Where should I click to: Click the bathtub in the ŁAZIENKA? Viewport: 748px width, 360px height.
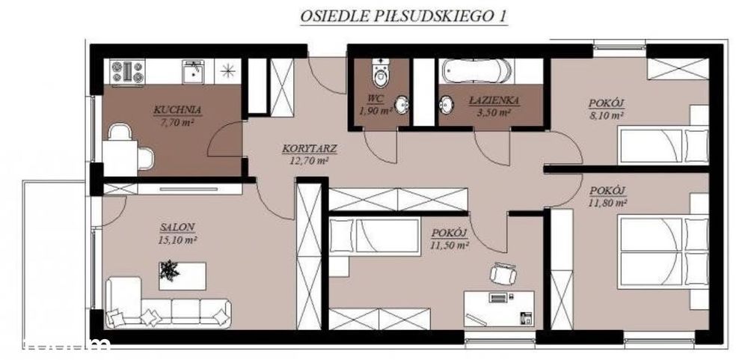[x=476, y=72]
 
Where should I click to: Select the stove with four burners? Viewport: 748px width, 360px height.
[x=127, y=71]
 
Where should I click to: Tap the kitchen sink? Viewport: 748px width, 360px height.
[x=191, y=72]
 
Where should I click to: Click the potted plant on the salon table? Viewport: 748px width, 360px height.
[x=170, y=271]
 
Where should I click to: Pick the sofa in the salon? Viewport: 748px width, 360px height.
[x=166, y=303]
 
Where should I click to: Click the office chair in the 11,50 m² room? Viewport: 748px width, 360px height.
[x=501, y=275]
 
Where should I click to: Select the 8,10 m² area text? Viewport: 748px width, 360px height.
[x=607, y=115]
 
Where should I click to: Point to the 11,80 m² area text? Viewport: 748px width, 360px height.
[x=607, y=202]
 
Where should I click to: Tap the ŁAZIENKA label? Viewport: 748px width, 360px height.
[x=489, y=100]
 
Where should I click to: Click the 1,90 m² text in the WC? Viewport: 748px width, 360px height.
[x=375, y=111]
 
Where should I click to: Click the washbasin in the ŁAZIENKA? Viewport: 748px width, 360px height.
[x=447, y=105]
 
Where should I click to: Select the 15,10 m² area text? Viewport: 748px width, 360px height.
[x=177, y=240]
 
